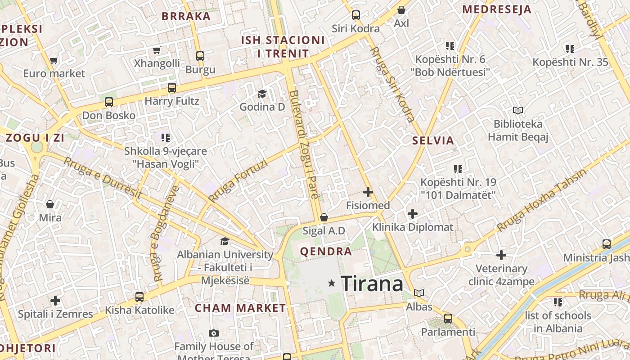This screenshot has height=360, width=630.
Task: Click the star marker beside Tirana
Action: (332, 283)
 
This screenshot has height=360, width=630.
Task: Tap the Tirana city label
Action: (372, 284)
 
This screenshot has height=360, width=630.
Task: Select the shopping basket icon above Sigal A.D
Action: (324, 218)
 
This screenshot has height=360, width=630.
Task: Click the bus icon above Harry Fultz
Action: (172, 88)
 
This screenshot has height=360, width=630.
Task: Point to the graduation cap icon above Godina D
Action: (262, 94)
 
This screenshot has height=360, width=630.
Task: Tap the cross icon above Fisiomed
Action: (368, 193)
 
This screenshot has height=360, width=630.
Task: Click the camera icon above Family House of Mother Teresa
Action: (214, 333)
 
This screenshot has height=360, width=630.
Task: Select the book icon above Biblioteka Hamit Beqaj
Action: (518, 110)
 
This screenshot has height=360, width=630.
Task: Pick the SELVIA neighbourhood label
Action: (433, 140)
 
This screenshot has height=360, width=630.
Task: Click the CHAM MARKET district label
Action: (240, 308)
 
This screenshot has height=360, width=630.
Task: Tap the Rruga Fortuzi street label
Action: (238, 180)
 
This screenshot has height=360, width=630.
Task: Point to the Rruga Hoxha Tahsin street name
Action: (542, 200)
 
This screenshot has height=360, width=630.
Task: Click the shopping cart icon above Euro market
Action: (54, 60)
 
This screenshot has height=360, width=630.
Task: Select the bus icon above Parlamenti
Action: (448, 319)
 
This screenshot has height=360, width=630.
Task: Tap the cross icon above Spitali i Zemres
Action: (55, 301)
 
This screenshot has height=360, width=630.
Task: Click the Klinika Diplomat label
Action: (413, 227)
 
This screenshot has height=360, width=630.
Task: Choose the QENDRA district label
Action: (326, 252)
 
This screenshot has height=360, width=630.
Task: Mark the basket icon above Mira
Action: (50, 205)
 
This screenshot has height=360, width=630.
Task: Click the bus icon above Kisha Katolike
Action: (139, 297)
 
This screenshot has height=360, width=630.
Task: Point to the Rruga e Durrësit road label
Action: (103, 178)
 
